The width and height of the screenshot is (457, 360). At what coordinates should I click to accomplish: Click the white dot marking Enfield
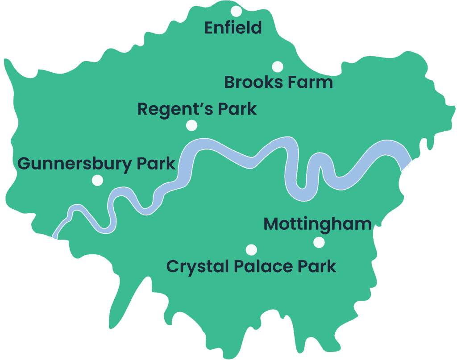pyautogui.click(x=236, y=11)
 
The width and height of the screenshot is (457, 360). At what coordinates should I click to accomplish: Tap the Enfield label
pyautogui.click(x=233, y=28)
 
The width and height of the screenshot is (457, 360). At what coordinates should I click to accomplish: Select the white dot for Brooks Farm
pyautogui.click(x=278, y=67)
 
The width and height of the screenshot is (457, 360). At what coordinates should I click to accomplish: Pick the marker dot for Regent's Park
pyautogui.click(x=191, y=125)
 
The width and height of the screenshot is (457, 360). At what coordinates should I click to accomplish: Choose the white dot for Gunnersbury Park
pyautogui.click(x=97, y=180)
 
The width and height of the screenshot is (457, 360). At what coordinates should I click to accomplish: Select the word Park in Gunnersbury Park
pyautogui.click(x=156, y=164)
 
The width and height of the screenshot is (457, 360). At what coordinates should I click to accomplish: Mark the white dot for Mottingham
pyautogui.click(x=319, y=242)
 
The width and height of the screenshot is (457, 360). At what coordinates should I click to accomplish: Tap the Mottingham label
pyautogui.click(x=317, y=224)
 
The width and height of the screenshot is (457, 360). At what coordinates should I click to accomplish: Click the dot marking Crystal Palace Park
pyautogui.click(x=251, y=249)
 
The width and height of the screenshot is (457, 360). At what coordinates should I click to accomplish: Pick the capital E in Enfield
pyautogui.click(x=209, y=28)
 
